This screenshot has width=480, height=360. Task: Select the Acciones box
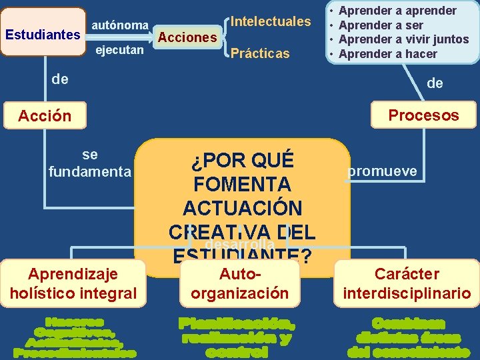[187, 37]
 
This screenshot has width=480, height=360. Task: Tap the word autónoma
[120, 25]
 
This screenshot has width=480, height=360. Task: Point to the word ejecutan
[120, 50]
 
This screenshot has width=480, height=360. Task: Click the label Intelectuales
[271, 21]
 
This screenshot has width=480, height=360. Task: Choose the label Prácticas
[260, 53]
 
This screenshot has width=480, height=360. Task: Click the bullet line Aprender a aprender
[398, 11]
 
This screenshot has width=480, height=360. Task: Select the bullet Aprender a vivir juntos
[404, 39]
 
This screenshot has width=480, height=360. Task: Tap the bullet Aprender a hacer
[388, 54]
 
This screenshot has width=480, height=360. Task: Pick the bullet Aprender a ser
[381, 25]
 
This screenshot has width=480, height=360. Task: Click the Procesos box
[424, 115]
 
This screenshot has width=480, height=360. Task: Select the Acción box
[45, 115]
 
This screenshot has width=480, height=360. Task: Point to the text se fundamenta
[90, 163]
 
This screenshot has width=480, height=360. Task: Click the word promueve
[383, 171]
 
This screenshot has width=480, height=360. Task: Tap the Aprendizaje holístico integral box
[73, 283]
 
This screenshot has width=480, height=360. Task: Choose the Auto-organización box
[240, 283]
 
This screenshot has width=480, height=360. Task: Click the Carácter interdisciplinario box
[407, 283]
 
